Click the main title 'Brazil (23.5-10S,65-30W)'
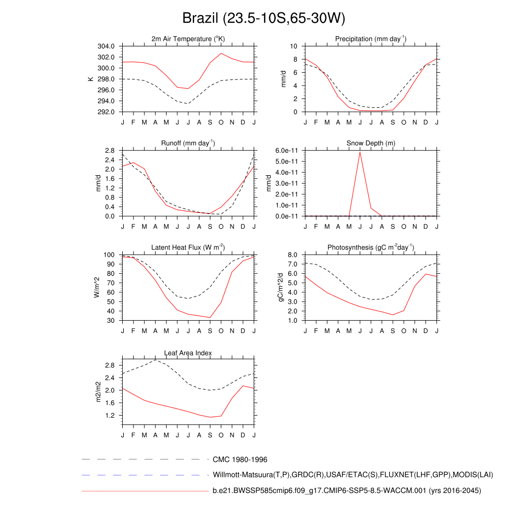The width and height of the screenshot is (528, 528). [263, 19]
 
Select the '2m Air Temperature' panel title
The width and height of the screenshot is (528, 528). [188, 39]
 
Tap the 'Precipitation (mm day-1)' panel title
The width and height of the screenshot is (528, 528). [371, 39]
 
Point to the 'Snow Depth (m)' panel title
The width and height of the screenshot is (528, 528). [371, 143]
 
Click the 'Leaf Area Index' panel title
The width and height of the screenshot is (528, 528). [188, 353]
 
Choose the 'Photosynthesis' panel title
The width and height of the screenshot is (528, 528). [371, 247]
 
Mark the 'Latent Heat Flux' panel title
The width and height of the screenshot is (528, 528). [188, 247]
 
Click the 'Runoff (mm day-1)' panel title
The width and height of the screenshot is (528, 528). [188, 143]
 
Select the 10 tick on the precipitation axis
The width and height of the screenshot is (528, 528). [294, 46]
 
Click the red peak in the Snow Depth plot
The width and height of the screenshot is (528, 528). [360, 152]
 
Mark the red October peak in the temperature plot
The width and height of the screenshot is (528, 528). [221, 53]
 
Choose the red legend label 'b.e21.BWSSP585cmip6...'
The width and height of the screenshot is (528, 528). [346, 491]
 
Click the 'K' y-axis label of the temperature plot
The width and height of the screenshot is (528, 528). [91, 79]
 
